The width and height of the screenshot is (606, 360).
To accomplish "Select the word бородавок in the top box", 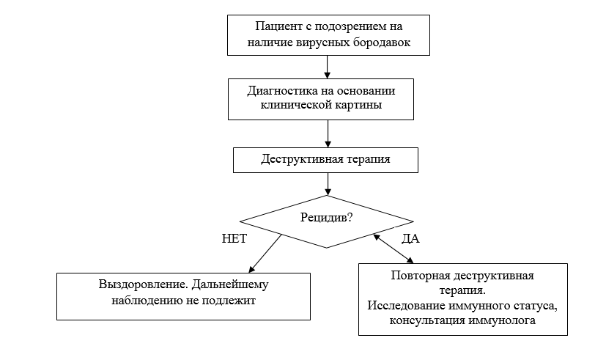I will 382,43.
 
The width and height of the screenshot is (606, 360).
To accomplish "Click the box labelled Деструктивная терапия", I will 326,158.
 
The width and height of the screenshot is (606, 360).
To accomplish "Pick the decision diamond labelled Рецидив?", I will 326,217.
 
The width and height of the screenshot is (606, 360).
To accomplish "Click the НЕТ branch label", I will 234,239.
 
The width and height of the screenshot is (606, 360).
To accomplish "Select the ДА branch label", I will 410,239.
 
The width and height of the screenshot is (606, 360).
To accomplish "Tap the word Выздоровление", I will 132,284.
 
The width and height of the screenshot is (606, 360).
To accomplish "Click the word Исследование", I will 403,306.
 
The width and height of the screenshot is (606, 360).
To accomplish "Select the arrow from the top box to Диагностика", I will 327,67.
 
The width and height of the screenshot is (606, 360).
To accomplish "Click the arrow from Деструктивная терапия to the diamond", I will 327,183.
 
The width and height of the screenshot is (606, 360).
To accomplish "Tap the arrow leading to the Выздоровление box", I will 265,254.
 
